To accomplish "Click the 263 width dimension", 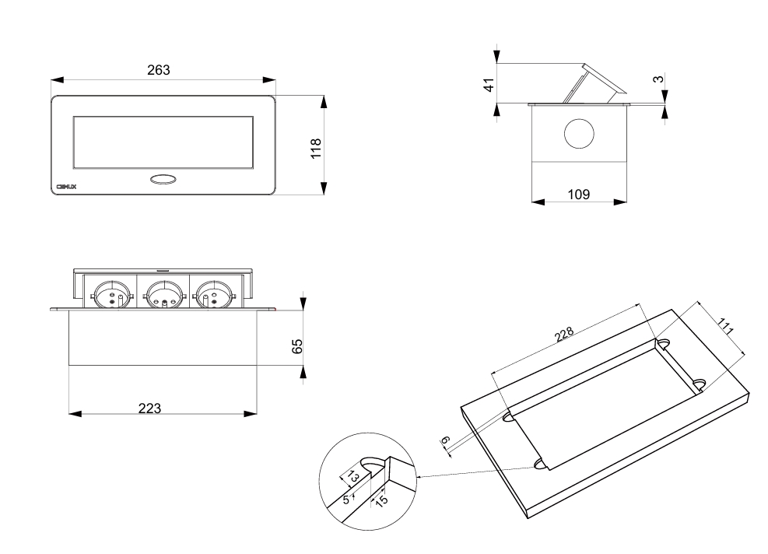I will pos(160,70).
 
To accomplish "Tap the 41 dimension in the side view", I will pos(489,84).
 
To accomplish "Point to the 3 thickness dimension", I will pos(658,80).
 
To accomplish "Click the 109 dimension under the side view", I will pos(578,194).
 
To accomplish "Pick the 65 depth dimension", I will pos(296,345).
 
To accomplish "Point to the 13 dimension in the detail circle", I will pos(352,475).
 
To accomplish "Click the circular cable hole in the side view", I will pos(578,134).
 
